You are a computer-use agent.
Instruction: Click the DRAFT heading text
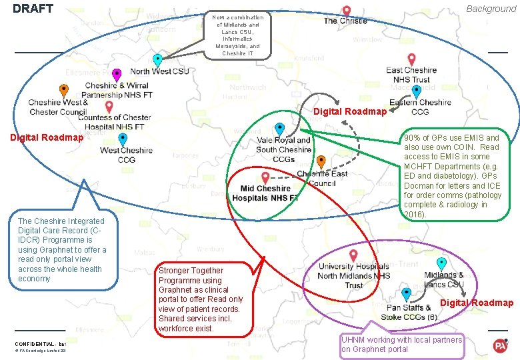click(33, 9)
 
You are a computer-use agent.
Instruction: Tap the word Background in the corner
click(491, 9)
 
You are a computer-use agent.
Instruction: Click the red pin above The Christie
click(347, 11)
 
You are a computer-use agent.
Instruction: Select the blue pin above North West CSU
click(157, 60)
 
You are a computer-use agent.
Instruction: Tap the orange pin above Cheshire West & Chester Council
click(63, 90)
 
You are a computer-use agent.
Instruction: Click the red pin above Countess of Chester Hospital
click(109, 106)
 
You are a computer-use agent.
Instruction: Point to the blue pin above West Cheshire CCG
click(123, 138)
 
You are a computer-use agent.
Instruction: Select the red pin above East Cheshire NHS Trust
click(411, 59)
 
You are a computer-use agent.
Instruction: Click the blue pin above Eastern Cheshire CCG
click(417, 91)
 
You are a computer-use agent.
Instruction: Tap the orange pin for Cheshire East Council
click(321, 161)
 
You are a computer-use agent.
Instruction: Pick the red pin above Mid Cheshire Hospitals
click(266, 177)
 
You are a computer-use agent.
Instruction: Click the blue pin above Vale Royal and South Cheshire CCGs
click(280, 128)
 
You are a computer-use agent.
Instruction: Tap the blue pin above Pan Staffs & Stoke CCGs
click(406, 293)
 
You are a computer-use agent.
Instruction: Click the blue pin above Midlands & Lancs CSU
click(441, 263)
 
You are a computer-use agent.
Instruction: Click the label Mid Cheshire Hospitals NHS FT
click(269, 193)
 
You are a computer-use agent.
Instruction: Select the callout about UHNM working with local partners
click(401, 344)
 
